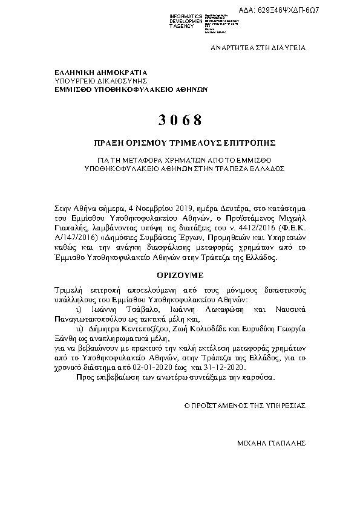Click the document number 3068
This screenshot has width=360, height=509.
[180, 118]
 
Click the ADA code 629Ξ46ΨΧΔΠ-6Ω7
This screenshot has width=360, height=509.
[315, 11]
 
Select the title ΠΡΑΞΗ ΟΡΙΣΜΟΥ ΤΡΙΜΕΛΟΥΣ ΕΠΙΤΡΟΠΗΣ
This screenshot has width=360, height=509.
[180, 144]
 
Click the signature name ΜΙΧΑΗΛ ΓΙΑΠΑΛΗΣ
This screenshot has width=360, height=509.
[272, 443]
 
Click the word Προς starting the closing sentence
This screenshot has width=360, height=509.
[85, 377]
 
